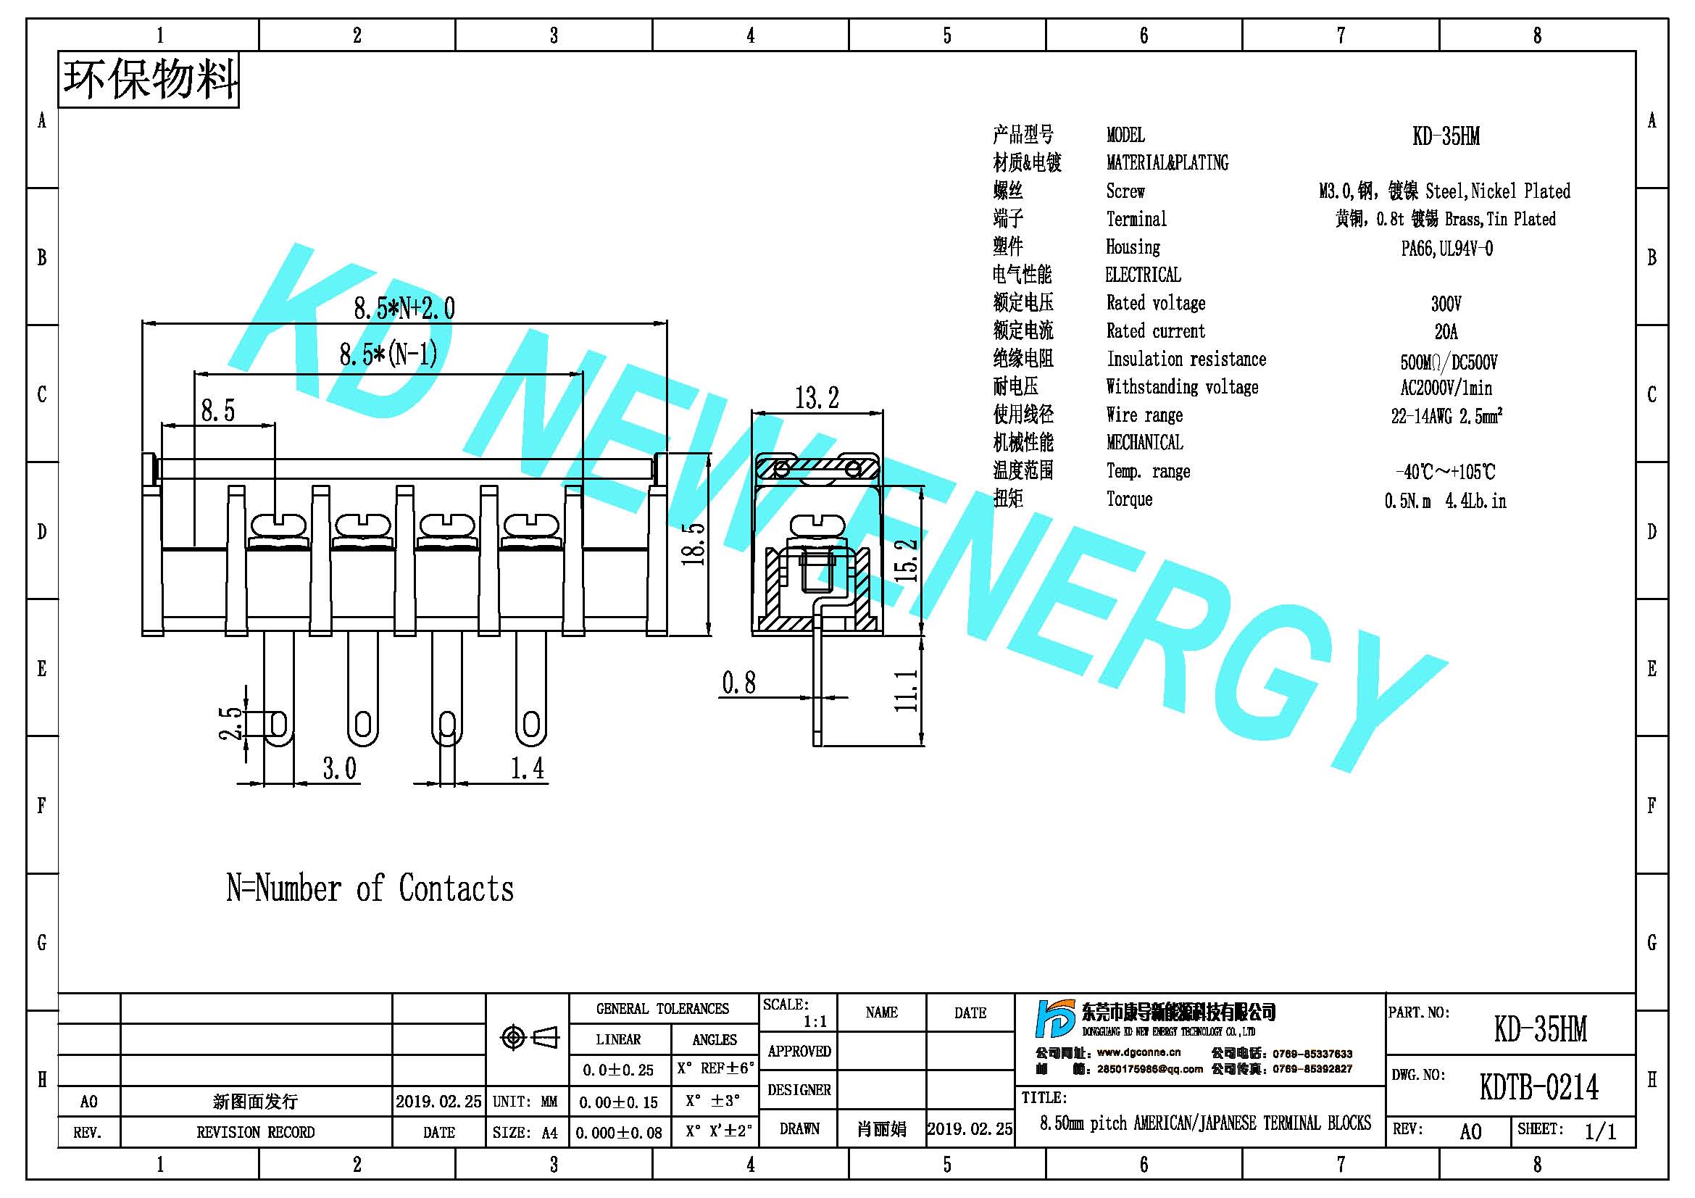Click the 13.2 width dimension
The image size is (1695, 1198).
click(x=817, y=398)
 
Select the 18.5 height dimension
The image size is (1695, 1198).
click(x=694, y=544)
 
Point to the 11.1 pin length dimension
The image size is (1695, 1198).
click(x=907, y=690)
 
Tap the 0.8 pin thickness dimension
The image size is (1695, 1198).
click(x=739, y=683)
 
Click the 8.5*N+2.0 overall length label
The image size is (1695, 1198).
click(x=404, y=308)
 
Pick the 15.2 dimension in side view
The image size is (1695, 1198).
click(x=907, y=560)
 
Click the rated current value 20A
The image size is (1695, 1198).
click(x=1446, y=331)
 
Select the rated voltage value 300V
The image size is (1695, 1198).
click(x=1446, y=304)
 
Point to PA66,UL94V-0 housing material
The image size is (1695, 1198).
click(x=1447, y=248)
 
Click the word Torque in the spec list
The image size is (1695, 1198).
click(x=1129, y=499)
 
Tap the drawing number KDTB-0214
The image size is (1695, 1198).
click(x=1539, y=1087)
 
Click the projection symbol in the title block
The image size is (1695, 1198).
click(x=529, y=1037)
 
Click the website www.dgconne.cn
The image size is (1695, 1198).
click(x=1138, y=1052)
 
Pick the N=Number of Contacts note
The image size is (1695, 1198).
click(x=370, y=888)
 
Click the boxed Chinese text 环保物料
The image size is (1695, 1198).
click(x=149, y=80)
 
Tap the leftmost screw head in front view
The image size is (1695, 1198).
click(x=278, y=526)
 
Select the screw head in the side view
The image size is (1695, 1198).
click(x=817, y=526)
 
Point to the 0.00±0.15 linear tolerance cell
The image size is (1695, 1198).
click(x=619, y=1102)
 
